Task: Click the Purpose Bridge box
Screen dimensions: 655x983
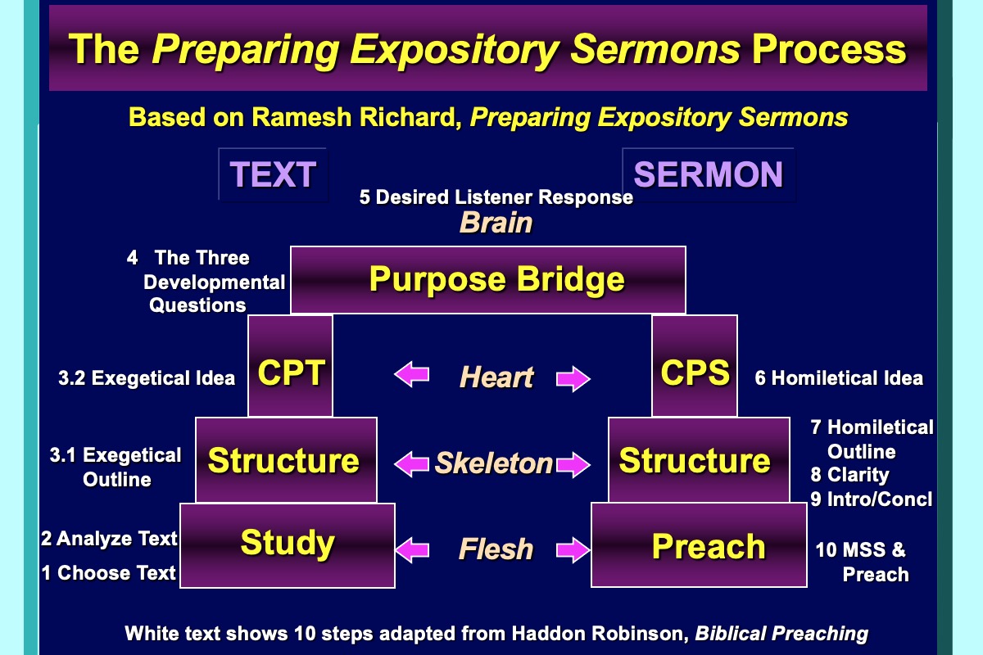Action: [488, 280]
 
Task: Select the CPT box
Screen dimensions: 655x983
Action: [291, 373]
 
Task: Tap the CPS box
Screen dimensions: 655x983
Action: [695, 373]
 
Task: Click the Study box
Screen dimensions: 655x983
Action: [288, 544]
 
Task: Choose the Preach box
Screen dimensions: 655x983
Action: [709, 545]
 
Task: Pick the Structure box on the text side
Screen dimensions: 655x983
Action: [285, 460]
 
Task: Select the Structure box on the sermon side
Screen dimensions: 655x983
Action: [695, 460]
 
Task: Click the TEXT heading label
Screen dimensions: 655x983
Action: [273, 174]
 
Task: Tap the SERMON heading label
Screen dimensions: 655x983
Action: [709, 174]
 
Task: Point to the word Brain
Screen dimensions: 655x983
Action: [496, 223]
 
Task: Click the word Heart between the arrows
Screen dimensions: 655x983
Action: [496, 377]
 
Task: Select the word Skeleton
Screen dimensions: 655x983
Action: [493, 463]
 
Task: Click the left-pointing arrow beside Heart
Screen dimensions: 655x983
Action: [412, 376]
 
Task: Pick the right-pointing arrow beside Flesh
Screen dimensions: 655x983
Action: [574, 549]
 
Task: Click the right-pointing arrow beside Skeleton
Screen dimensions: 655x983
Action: [574, 464]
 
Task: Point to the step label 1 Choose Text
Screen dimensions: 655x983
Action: [109, 573]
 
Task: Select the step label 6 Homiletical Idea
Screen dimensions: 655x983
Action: [839, 378]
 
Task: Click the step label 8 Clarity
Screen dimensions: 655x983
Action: [849, 475]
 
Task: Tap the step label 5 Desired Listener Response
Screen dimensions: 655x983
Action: [496, 197]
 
